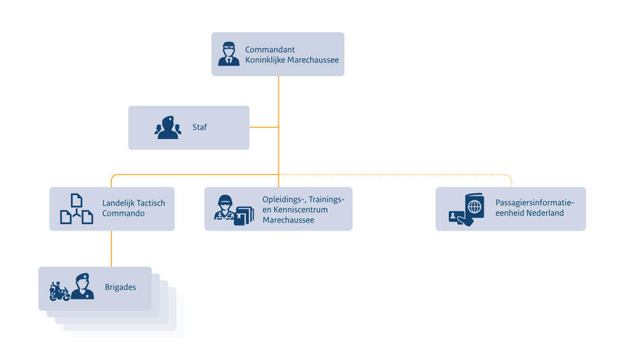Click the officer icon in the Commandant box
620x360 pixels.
tap(229, 54)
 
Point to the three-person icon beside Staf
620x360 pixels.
tap(167, 128)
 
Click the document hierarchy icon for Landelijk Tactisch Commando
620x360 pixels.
tap(76, 209)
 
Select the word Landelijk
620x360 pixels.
tap(118, 203)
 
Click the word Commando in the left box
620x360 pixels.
tap(123, 214)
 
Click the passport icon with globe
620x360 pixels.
tap(467, 209)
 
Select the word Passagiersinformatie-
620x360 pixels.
tap(535, 203)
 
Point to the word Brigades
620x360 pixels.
tap(120, 285)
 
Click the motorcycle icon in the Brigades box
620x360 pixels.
tap(59, 291)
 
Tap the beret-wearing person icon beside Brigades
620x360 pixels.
tap(82, 287)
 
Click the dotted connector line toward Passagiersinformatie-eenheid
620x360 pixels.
tap(448, 174)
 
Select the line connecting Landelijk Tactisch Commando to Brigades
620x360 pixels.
tap(111, 248)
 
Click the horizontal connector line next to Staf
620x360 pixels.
tap(264, 127)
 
